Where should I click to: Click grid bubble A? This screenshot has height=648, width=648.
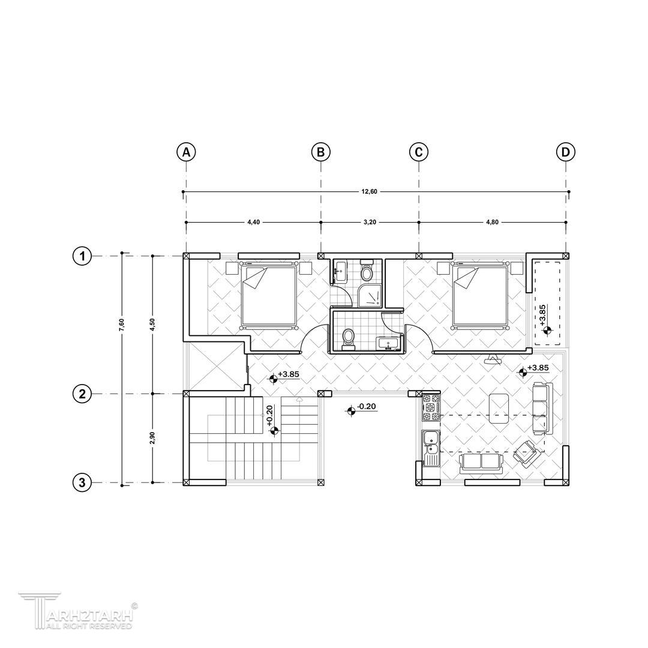tap(186, 152)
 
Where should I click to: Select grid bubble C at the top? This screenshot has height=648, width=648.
tap(419, 152)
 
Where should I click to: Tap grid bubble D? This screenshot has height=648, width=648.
tap(566, 152)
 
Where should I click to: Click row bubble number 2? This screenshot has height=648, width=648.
tap(82, 394)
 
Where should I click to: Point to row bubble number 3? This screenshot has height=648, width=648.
tap(82, 482)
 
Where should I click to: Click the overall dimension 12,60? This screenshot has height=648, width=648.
tap(369, 191)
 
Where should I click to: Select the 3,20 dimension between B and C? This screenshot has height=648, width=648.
tap(370, 222)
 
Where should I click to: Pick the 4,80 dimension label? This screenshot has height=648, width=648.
tap(492, 222)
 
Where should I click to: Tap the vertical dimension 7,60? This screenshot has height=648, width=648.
tap(121, 325)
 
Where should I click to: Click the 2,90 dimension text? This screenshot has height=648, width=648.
tap(152, 438)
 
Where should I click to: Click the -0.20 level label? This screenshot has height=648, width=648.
tap(366, 407)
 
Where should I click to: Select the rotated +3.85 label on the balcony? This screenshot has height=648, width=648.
tap(542, 315)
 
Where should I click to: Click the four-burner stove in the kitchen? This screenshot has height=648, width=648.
tap(431, 407)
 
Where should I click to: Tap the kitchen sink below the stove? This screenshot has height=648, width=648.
tap(431, 448)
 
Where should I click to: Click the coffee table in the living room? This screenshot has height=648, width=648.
tap(499, 409)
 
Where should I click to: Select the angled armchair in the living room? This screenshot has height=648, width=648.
tap(527, 453)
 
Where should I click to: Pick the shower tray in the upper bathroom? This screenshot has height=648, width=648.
tap(370, 295)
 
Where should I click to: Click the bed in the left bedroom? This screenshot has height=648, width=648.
tap(269, 295)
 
